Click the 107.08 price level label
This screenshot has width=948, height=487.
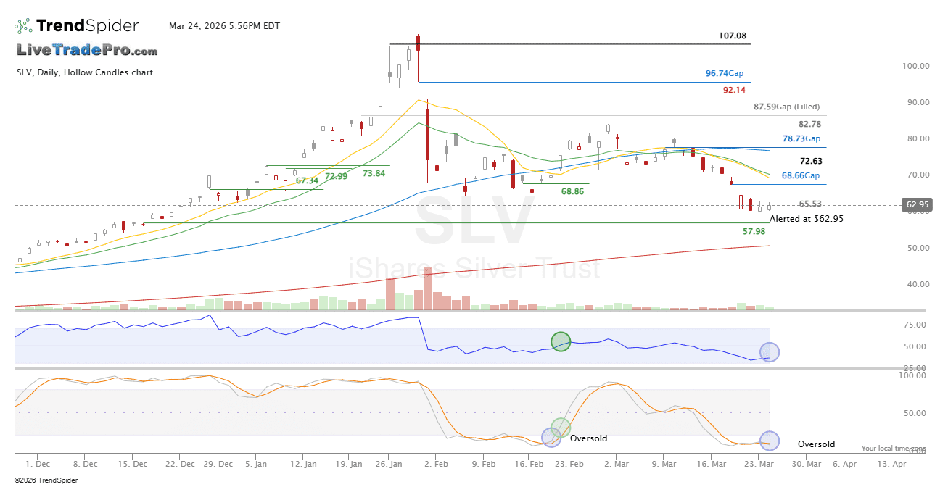pyautogui.click(x=733, y=36)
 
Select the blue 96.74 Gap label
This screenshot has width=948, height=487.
pyautogui.click(x=724, y=73)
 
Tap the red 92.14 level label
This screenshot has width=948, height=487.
pyautogui.click(x=734, y=91)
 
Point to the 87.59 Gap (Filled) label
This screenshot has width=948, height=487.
pyautogui.click(x=786, y=107)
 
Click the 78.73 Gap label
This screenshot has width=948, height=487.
pyautogui.click(x=801, y=138)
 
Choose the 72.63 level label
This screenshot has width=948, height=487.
pyautogui.click(x=810, y=161)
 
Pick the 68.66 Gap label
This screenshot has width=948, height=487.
pyautogui.click(x=800, y=176)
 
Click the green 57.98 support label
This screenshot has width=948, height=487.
pyautogui.click(x=754, y=231)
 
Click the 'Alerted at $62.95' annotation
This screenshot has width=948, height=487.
pyautogui.click(x=806, y=218)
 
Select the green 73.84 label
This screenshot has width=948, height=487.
pyautogui.click(x=374, y=173)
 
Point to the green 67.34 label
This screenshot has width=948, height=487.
pyautogui.click(x=307, y=180)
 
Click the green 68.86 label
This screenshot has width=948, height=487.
pyautogui.click(x=572, y=191)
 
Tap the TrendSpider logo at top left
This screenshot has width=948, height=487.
pyautogui.click(x=77, y=26)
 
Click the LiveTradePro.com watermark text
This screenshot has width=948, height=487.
pyautogui.click(x=87, y=51)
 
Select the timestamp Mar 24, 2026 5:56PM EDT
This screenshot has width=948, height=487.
pyautogui.click(x=224, y=26)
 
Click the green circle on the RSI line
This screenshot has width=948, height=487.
pyautogui.click(x=561, y=341)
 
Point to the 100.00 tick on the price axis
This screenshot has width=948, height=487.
pyautogui.click(x=916, y=66)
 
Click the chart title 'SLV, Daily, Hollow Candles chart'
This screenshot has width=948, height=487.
pyautogui.click(x=85, y=72)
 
